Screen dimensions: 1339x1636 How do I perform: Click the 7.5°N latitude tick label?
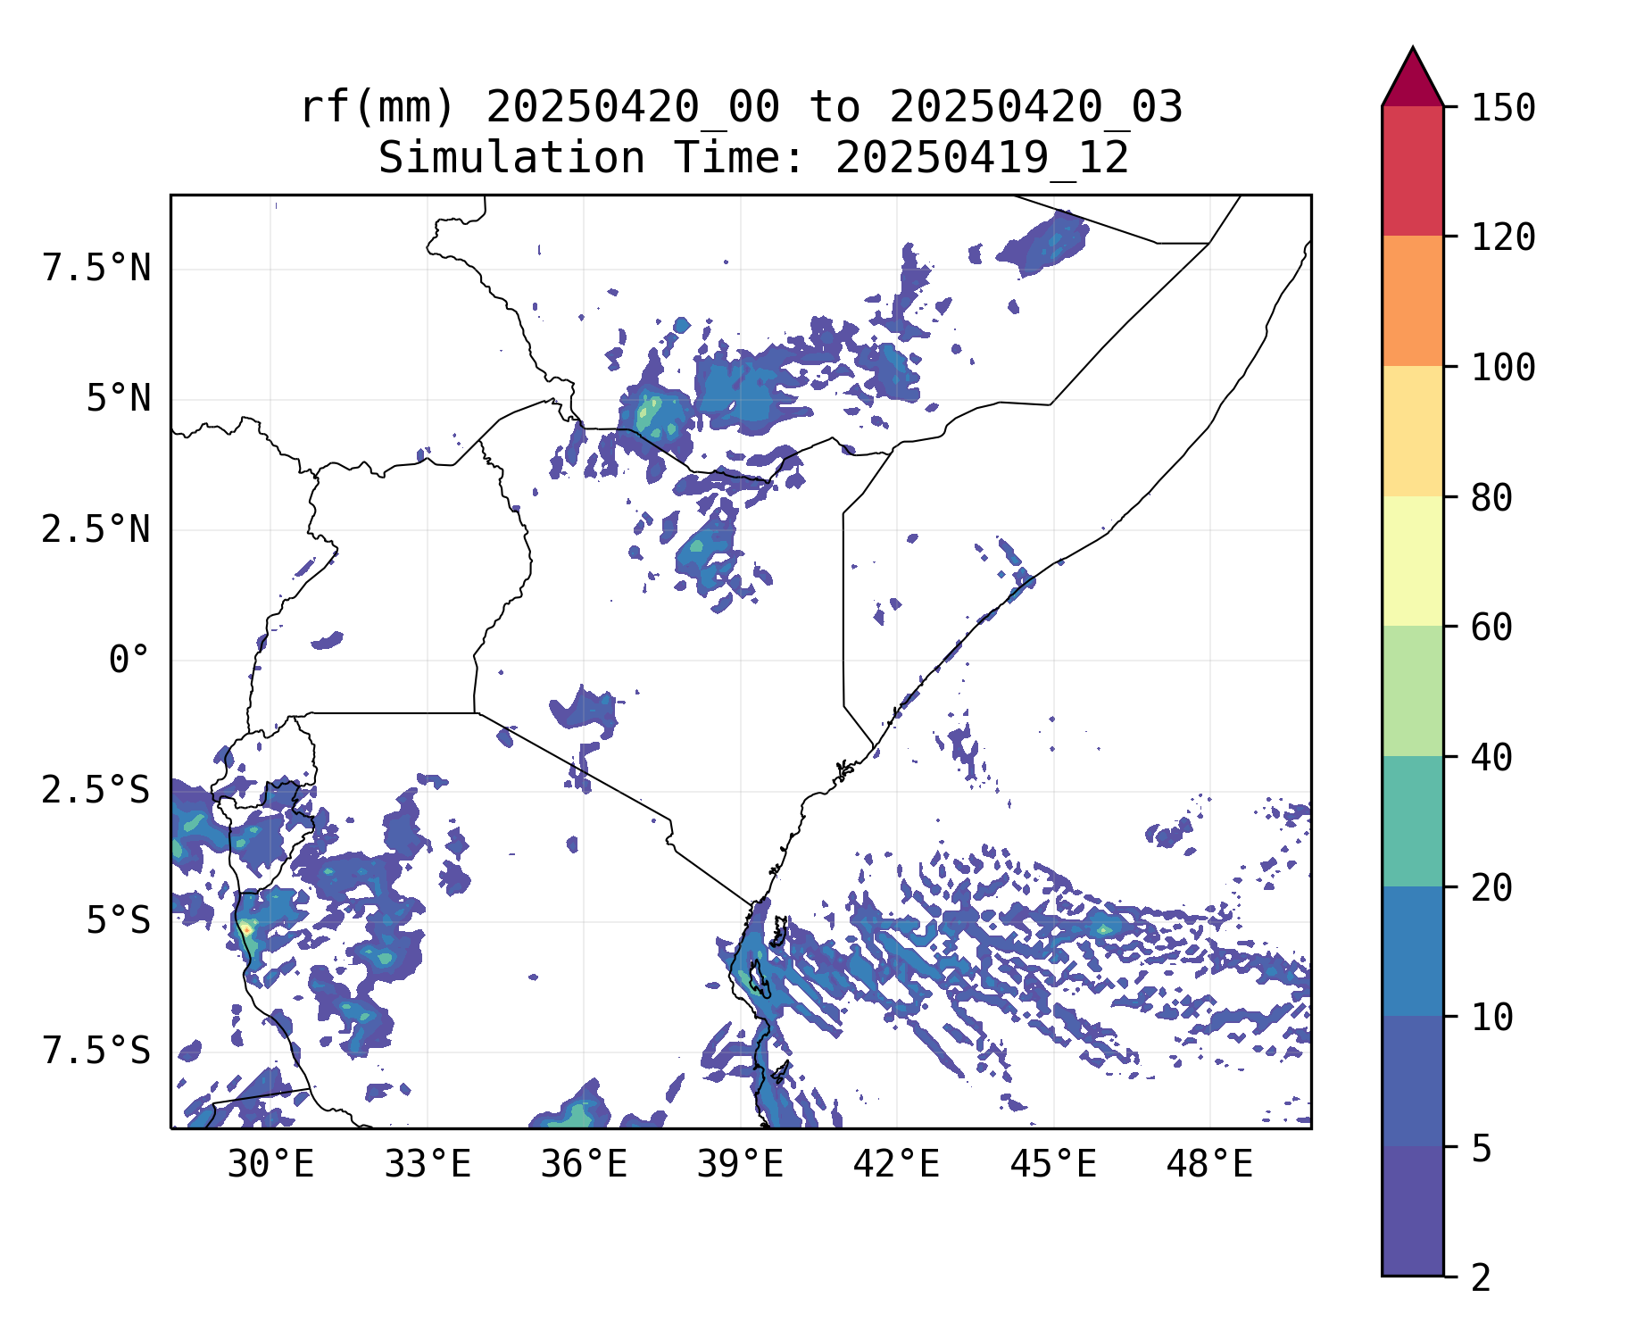tap(96, 268)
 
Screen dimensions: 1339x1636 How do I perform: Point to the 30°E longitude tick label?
tap(270, 1165)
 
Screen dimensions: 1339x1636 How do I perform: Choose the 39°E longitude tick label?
tap(740, 1165)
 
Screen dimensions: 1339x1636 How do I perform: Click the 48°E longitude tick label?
tap(1209, 1165)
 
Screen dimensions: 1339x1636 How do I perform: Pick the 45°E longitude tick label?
tap(1053, 1165)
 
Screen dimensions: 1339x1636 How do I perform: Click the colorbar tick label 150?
tap(1503, 108)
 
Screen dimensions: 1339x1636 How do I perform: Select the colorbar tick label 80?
tap(1491, 498)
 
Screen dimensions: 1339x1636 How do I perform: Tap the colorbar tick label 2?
tap(1481, 1278)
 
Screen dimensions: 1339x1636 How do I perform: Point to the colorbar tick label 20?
tap(1491, 888)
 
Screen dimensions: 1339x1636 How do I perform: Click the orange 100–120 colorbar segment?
tap(1412, 301)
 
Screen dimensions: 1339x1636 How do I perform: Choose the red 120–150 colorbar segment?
tap(1412, 170)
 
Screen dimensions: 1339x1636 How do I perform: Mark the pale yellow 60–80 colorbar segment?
tap(1412, 561)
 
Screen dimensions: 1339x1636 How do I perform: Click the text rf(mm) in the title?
tap(378, 108)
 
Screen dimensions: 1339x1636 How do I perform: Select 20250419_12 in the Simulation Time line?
tap(982, 159)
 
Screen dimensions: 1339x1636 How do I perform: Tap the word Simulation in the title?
tap(511, 159)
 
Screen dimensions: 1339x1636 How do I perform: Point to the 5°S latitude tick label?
tap(118, 921)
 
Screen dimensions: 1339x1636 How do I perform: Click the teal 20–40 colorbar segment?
tap(1412, 821)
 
